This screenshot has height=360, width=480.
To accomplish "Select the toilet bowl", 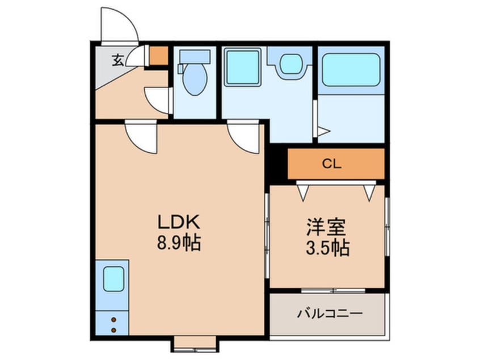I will click(195, 79).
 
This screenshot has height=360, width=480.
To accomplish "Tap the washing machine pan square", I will click(242, 67).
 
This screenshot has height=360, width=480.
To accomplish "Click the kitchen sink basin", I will click(113, 279).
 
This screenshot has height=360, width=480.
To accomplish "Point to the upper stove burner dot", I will click(113, 320).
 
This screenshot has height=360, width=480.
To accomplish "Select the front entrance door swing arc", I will click(120, 25).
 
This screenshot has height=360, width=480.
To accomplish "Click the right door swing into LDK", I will click(244, 136).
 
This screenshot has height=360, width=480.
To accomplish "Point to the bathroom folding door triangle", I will click(322, 132).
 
